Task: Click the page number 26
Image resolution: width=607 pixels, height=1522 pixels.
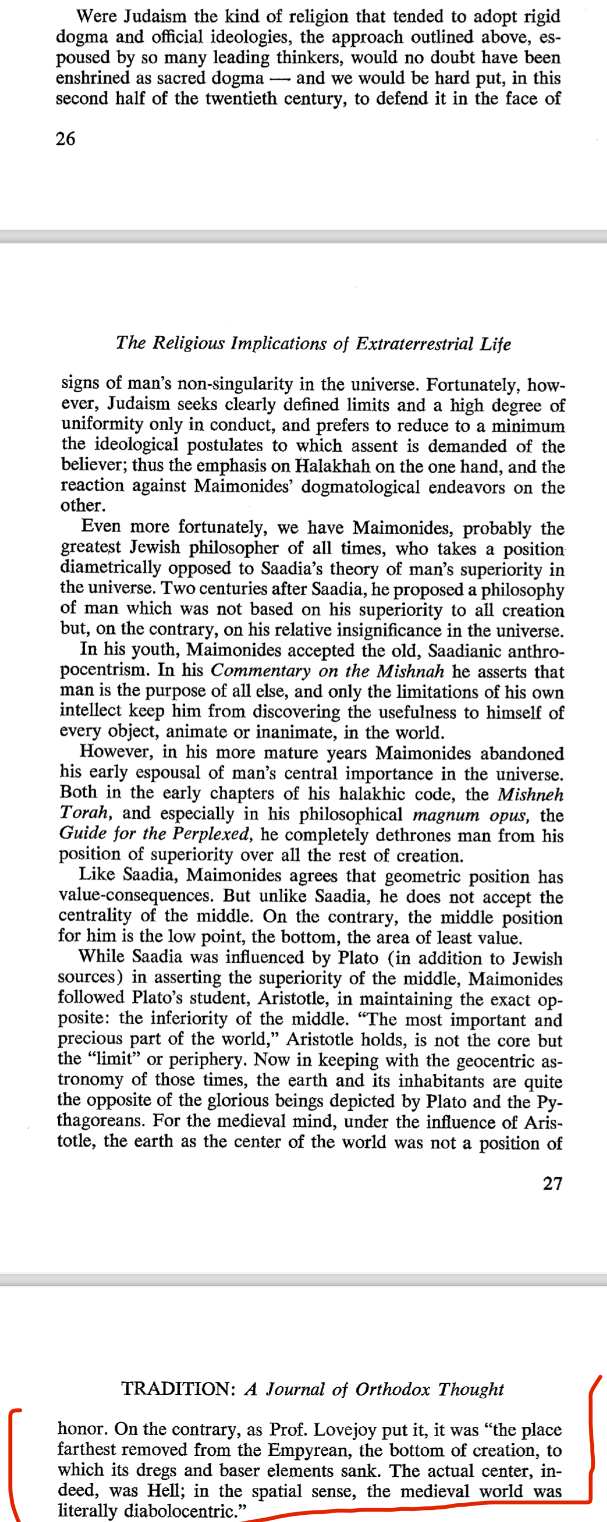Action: pos(65,139)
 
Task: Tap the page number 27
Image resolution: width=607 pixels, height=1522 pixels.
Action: pos(553,1184)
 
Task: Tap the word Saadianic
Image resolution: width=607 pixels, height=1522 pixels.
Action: pos(464,651)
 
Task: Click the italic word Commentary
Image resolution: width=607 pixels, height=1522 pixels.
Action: pos(261,672)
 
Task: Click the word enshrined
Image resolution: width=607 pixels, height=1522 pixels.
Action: pos(91,78)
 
